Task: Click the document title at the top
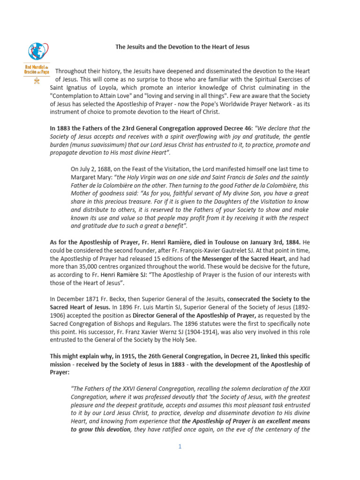(182, 47)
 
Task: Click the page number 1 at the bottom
(180, 446)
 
